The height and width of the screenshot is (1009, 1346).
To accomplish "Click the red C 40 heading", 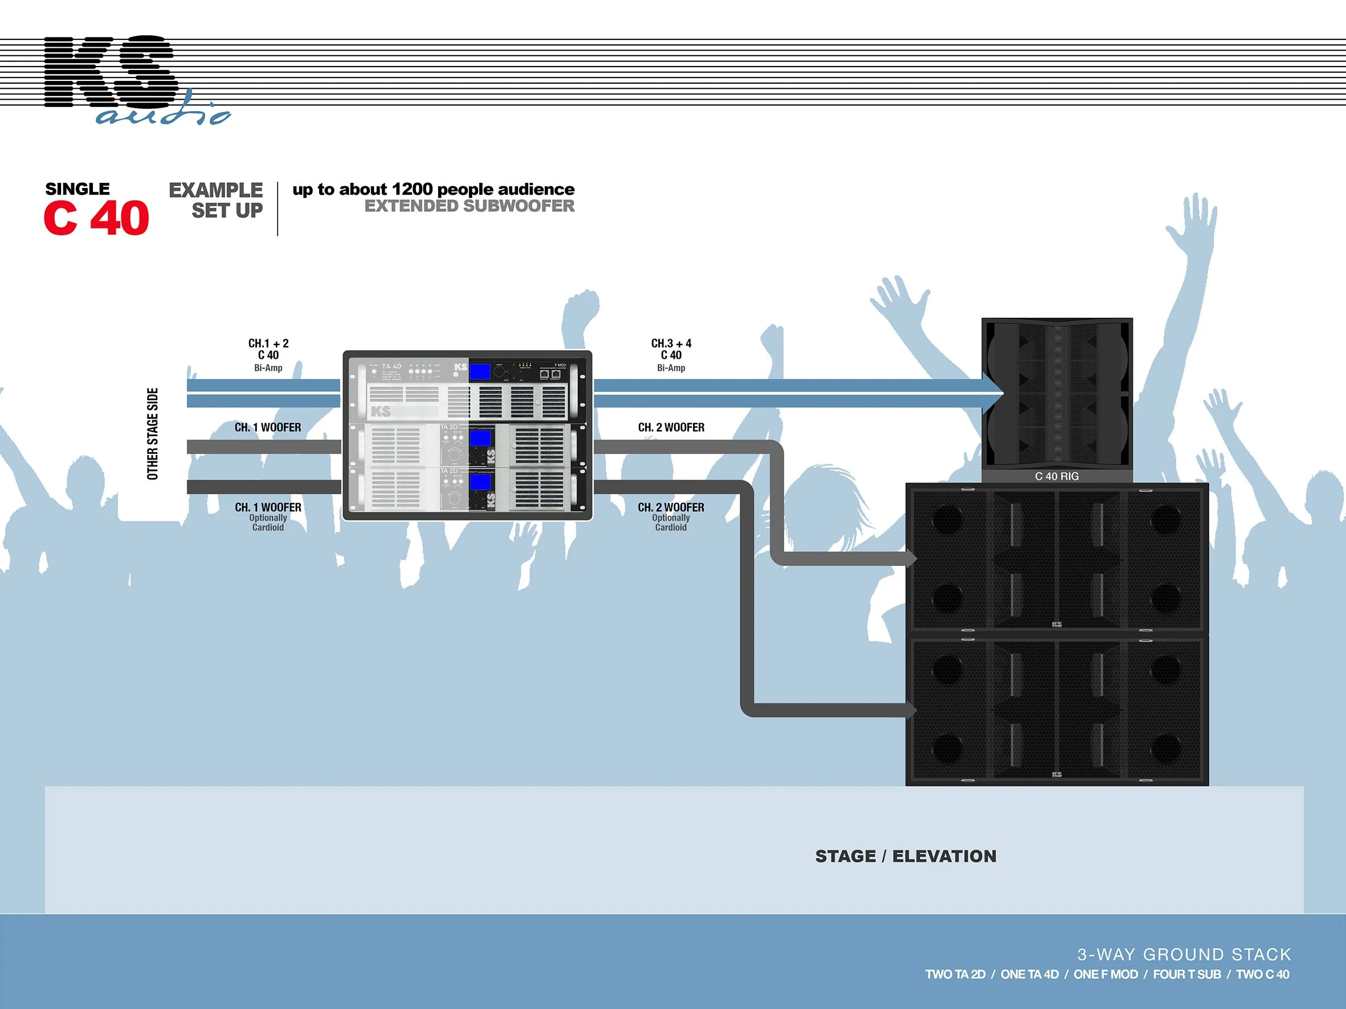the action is click(x=96, y=218).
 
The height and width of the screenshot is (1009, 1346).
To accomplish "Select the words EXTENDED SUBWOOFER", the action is click(x=469, y=206).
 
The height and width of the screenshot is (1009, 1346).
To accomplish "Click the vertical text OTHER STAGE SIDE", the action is click(x=153, y=434).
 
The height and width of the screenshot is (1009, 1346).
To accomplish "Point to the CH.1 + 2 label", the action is click(x=268, y=343).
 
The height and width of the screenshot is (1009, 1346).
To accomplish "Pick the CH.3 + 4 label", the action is click(x=671, y=343).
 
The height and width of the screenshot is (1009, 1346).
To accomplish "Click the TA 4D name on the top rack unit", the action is click(x=391, y=366).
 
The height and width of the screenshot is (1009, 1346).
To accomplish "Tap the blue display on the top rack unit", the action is click(x=481, y=371).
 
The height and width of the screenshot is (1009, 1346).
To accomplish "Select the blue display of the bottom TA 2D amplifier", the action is click(x=481, y=482).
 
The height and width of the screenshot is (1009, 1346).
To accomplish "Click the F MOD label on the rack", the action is click(x=560, y=365).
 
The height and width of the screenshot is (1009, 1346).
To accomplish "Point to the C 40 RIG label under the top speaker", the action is click(x=1057, y=476).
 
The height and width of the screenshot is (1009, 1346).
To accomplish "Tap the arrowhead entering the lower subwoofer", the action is click(x=911, y=709).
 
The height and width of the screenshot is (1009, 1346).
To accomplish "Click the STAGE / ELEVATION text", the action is click(x=906, y=856).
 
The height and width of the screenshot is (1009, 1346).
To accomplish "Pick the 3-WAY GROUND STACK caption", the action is click(x=1184, y=954).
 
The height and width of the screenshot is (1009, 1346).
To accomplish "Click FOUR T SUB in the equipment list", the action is click(x=1186, y=974).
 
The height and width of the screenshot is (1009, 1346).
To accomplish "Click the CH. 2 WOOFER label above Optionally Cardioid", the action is click(x=671, y=507).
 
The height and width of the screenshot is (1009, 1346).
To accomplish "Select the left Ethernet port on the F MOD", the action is click(x=544, y=375).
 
